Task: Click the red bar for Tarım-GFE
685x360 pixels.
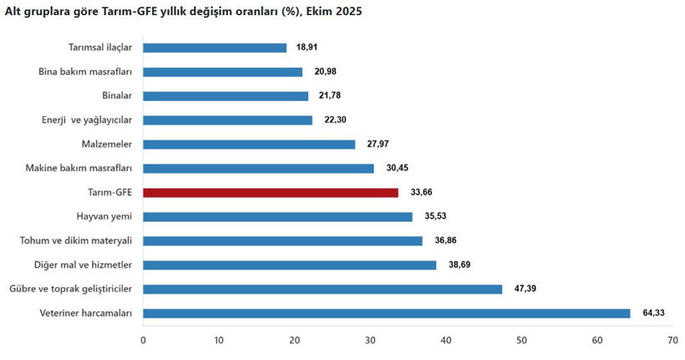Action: (271, 193)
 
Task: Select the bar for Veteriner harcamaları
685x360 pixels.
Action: (387, 313)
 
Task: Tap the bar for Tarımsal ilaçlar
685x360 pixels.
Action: (215, 48)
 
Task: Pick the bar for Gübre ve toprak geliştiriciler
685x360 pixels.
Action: (322, 289)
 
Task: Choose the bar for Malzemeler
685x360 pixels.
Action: (249, 145)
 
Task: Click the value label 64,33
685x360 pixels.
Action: (656, 313)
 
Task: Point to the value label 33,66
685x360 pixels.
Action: (423, 193)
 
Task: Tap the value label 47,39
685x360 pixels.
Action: (527, 289)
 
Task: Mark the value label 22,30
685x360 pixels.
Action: (337, 120)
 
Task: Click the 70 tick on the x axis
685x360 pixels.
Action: (672, 340)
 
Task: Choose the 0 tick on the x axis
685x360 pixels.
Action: (143, 340)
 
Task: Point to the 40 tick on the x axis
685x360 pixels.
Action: (445, 340)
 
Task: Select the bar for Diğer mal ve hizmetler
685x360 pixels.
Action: (290, 265)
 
